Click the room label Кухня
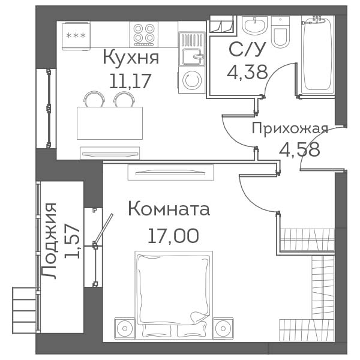pos(131,58)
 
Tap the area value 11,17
pos(130,81)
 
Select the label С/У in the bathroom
pos(247,49)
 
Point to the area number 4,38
pos(247,72)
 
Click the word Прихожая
pos(290,128)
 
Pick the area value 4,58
pos(299,149)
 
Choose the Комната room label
pos(169,209)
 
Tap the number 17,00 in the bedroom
pos(173,236)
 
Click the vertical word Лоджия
pos(49,241)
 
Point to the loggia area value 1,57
pos(72,241)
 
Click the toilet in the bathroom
pos(280,32)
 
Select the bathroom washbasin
pos(254,25)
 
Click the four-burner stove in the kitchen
pos(144,35)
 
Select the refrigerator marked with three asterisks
pos(76,36)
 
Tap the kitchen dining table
pos(110,123)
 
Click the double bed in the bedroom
pos(174,295)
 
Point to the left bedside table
pos(125,328)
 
